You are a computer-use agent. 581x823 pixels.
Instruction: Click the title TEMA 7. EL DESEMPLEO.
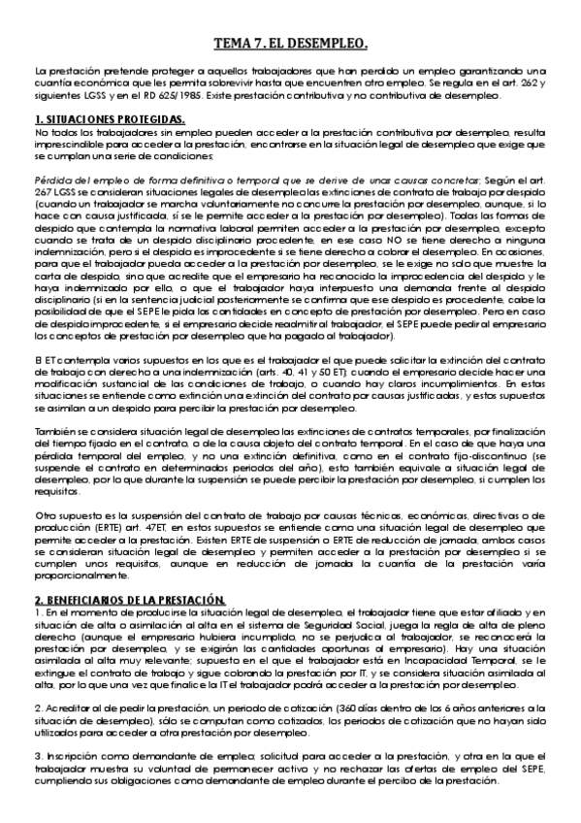click(x=290, y=44)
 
